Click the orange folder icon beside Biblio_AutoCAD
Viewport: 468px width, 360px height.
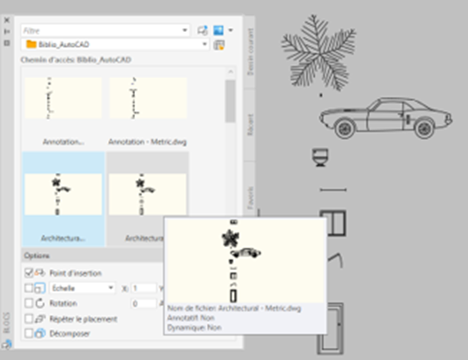point(32,44)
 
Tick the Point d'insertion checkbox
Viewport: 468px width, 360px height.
point(29,273)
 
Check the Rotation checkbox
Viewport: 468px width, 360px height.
point(29,304)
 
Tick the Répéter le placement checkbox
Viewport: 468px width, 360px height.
point(29,319)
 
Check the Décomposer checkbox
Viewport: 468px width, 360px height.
point(29,333)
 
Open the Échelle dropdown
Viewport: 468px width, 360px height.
point(82,288)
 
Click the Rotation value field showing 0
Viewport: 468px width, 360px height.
point(145,304)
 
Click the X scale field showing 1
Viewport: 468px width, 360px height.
point(145,288)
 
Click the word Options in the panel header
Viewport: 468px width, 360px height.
point(37,256)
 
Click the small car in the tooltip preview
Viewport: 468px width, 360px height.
point(247,252)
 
